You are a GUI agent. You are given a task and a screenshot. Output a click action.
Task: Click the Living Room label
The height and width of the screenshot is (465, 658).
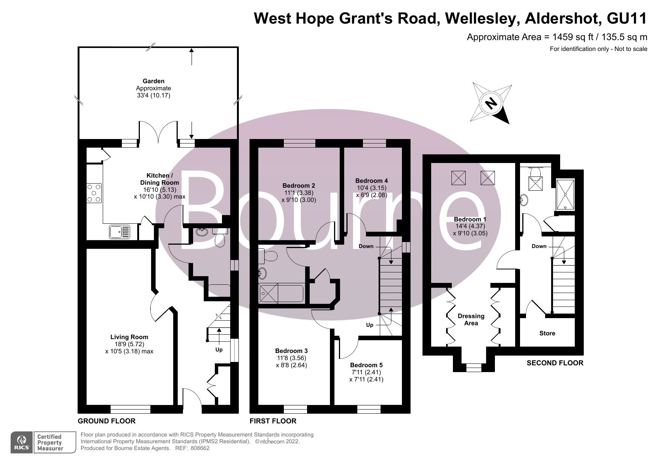(129, 337)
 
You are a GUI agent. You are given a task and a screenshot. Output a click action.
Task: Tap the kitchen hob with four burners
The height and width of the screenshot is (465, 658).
(94, 193)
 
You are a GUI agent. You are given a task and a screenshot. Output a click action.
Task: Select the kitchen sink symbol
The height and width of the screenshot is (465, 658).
(120, 232)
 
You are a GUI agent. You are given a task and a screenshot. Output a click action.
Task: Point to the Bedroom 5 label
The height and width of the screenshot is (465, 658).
(366, 365)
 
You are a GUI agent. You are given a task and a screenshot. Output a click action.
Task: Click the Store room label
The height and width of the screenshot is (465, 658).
(547, 333)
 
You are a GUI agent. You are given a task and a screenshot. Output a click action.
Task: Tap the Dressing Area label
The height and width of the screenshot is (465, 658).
(471, 319)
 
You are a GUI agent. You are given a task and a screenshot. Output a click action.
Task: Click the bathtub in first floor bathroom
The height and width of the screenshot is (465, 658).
(281, 294)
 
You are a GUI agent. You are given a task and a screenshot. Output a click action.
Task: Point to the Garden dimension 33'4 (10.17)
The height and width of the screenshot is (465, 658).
(153, 96)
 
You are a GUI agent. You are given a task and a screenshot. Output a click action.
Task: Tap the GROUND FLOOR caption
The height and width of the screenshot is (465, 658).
(106, 421)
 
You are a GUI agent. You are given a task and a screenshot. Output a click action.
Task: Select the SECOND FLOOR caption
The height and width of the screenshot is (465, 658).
(555, 363)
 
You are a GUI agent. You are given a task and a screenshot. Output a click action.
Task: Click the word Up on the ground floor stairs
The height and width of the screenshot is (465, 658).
(219, 350)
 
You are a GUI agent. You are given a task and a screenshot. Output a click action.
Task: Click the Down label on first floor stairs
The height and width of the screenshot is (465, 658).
(366, 246)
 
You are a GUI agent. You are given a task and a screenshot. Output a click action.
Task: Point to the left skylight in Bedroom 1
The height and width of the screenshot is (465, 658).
(458, 178)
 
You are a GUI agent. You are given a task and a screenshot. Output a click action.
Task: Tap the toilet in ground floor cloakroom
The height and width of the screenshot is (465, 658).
(220, 239)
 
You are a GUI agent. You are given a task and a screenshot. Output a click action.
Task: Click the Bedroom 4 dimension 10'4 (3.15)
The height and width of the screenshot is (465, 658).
(371, 188)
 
